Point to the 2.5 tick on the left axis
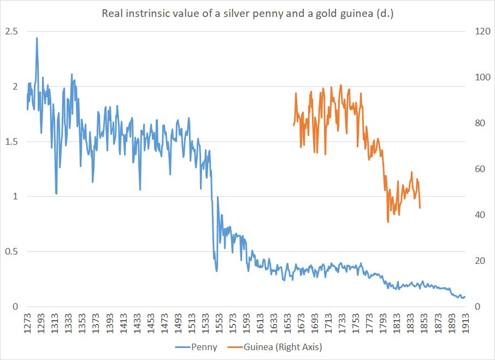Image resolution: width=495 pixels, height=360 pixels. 11,32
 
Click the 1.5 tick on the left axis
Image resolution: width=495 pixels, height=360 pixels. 11,141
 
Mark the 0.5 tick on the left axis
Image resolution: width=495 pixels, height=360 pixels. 11,251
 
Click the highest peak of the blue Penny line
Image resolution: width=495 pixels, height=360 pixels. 37,38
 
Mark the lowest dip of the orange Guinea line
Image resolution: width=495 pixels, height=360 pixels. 388,222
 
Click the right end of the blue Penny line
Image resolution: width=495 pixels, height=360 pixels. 465,297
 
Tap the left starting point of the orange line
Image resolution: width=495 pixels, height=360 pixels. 293,125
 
